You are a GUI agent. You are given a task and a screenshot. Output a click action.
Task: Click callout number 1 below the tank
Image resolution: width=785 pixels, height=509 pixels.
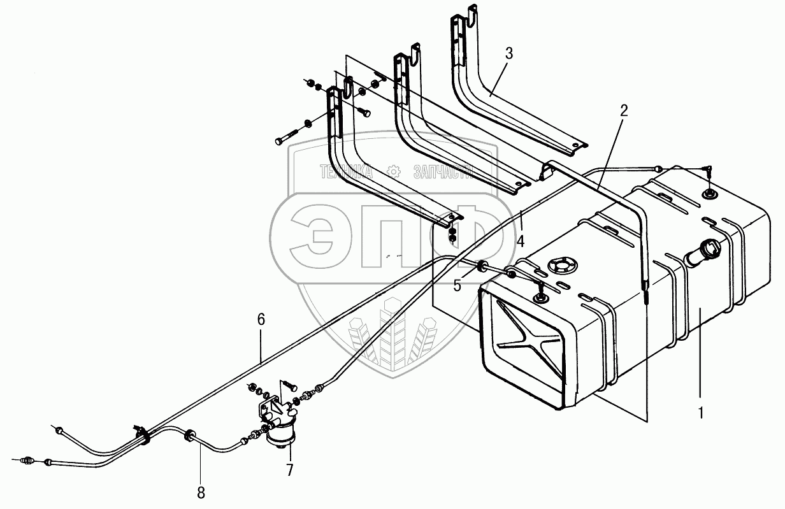click(x=700, y=412)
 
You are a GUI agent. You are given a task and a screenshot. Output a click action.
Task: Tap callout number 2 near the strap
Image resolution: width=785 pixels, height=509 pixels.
click(x=624, y=110)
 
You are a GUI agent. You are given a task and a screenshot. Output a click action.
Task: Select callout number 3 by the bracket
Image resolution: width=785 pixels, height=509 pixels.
click(x=508, y=54)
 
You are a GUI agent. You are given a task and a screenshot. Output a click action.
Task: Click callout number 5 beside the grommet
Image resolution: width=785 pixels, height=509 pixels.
click(x=457, y=285)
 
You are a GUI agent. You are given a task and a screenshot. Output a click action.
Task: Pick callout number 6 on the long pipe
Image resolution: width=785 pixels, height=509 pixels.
click(x=261, y=320)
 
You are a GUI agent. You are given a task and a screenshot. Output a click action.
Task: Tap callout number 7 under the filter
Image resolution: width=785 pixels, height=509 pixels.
click(x=290, y=471)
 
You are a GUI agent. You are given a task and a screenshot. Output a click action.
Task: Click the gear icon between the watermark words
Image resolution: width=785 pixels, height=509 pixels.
click(x=393, y=171)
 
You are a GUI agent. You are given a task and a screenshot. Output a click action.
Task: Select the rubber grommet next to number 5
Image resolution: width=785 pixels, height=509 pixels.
click(x=482, y=266)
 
